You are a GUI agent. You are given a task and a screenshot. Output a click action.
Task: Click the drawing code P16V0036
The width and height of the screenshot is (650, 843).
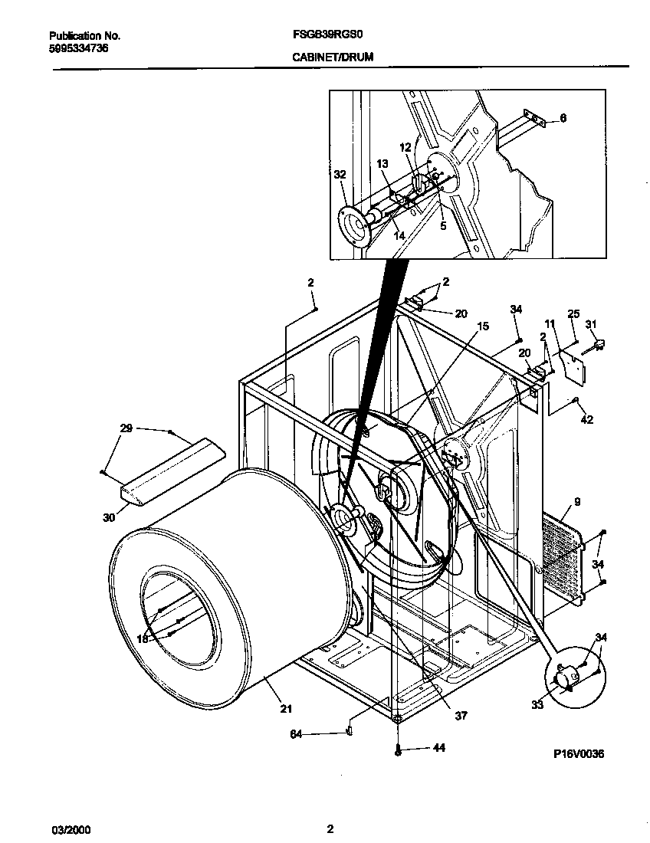tap(579, 754)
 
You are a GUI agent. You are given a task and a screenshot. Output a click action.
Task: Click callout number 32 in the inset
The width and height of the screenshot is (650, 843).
tap(340, 175)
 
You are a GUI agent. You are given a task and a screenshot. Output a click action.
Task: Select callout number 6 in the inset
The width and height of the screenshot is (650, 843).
tap(563, 118)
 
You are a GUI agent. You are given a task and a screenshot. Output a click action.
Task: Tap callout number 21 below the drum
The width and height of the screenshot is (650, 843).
tap(285, 709)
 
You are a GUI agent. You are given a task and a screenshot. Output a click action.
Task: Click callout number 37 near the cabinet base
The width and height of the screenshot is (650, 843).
tap(460, 717)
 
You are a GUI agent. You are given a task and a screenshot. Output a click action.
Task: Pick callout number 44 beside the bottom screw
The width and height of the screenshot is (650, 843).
tap(438, 748)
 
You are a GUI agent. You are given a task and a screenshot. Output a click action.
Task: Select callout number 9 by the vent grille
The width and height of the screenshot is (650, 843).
tap(576, 503)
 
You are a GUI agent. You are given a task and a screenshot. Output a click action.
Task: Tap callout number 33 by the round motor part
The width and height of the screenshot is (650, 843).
tap(537, 704)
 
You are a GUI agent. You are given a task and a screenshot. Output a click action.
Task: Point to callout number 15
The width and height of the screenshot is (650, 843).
tap(481, 326)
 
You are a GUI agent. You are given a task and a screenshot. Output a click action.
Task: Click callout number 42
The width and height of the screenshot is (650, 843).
tap(586, 419)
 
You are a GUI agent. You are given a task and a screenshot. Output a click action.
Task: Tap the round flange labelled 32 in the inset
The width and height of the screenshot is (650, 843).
tap(355, 227)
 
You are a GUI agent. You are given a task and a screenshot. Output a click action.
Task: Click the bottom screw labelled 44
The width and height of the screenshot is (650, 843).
tap(399, 749)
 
